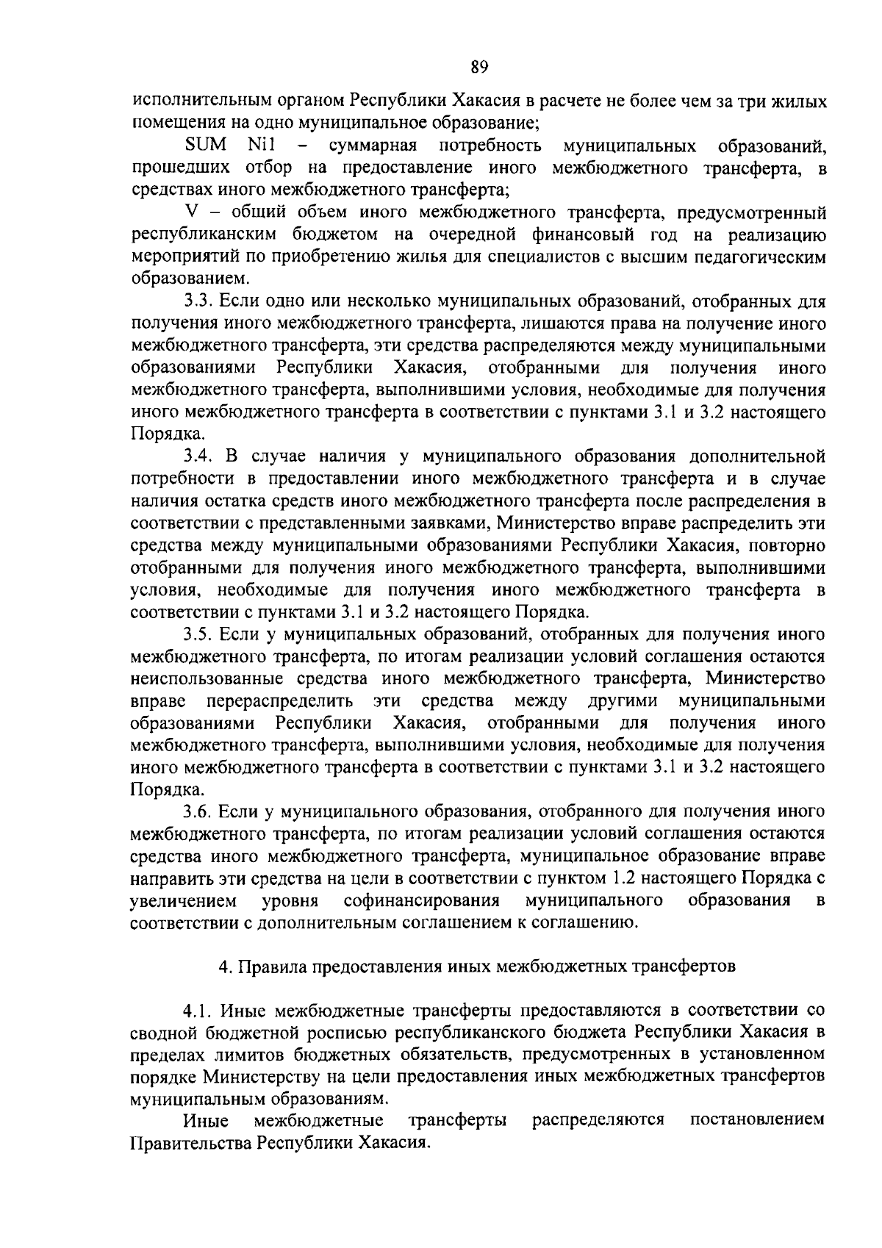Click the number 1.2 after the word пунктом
626,878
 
